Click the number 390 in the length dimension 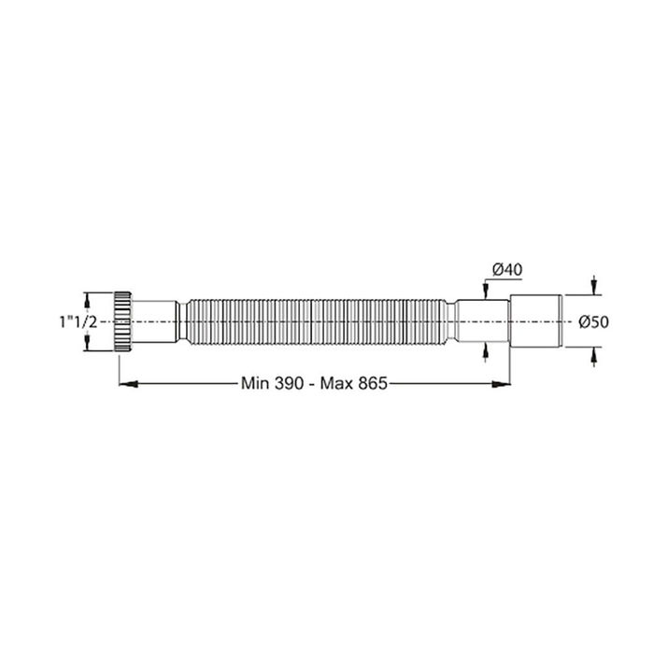pyautogui.click(x=289, y=383)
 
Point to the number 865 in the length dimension pyautogui.click(x=368, y=383)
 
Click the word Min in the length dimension pyautogui.click(x=256, y=383)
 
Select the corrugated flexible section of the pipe pyautogui.click(x=318, y=320)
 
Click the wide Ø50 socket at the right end pyautogui.click(x=537, y=320)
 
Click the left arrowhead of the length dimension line pyautogui.click(x=123, y=381)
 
